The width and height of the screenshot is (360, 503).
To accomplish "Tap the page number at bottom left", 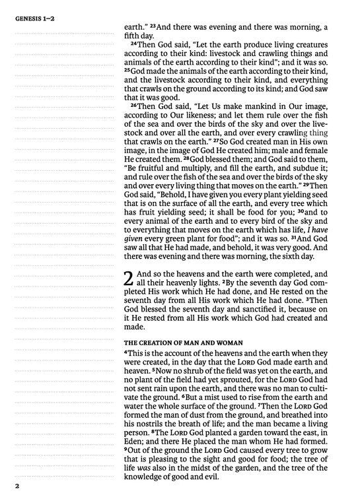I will click(x=11, y=487).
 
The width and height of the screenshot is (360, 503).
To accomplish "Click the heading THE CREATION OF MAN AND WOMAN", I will click(x=180, y=342).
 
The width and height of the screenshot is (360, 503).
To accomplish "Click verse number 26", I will click(x=133, y=106).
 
